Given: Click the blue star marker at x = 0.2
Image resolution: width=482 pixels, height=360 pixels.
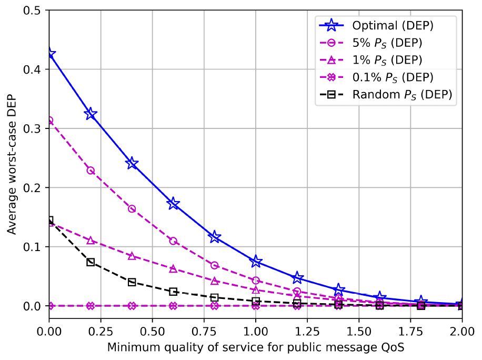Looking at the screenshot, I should click(x=91, y=114).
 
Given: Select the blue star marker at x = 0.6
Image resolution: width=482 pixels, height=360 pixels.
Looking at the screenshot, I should click(x=173, y=204).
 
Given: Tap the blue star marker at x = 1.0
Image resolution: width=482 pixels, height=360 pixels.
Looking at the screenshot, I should click(x=256, y=262).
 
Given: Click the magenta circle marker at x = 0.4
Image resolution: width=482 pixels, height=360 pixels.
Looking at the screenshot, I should click(x=132, y=209).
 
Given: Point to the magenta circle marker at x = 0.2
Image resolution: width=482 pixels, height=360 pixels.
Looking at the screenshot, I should click(x=91, y=171).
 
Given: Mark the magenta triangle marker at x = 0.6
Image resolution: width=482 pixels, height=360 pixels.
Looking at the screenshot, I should click(x=173, y=268).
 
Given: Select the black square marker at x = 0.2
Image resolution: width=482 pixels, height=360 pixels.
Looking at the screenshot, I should click(x=91, y=262).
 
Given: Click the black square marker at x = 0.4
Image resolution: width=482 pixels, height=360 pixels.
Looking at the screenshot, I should click(x=132, y=282).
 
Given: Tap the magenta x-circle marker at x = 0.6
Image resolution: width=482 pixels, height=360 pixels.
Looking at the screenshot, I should click(x=173, y=306).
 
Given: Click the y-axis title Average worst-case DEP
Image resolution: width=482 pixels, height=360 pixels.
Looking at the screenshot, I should click(x=12, y=158).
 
